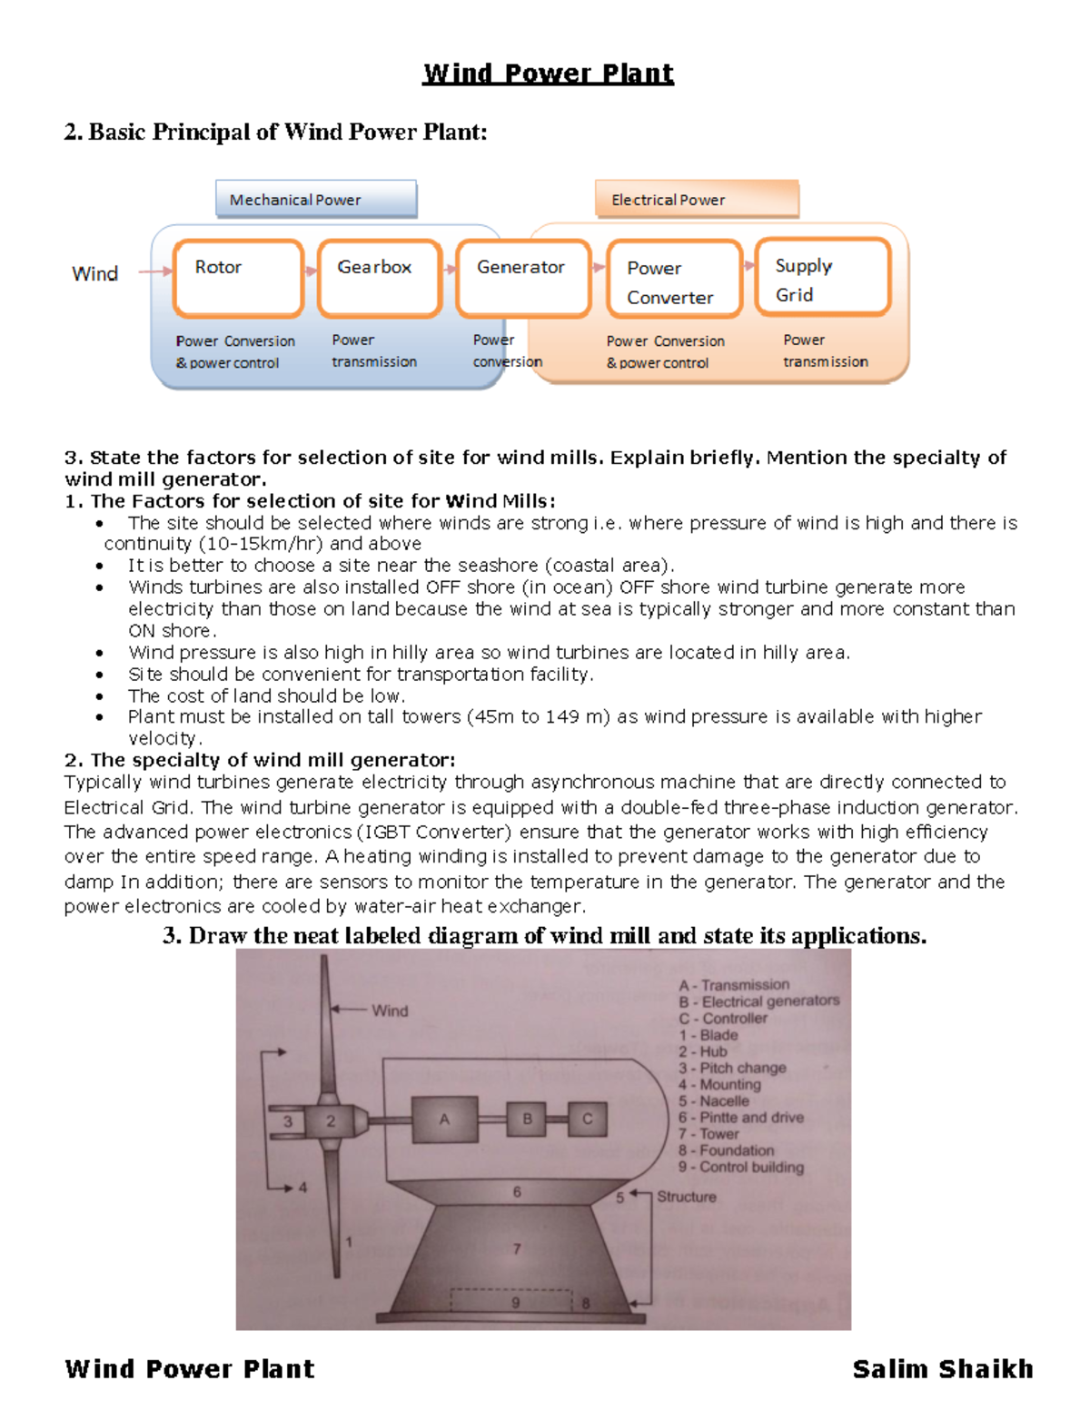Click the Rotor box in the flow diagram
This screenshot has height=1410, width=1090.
[238, 278]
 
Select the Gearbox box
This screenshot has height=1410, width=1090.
[380, 278]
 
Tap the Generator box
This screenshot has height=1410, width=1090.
[523, 278]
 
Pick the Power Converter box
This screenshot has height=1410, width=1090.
[674, 279]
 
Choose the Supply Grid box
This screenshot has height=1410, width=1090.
[822, 277]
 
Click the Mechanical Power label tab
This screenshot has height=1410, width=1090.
[316, 199]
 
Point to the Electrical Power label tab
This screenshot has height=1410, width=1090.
[697, 199]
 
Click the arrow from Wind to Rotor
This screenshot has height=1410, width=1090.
[155, 271]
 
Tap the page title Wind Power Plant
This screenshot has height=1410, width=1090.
[548, 74]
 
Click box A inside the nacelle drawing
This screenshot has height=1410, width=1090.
[444, 1119]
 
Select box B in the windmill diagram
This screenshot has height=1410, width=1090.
[527, 1119]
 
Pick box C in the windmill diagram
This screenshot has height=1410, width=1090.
[587, 1119]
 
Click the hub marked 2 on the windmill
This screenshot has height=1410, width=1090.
[331, 1121]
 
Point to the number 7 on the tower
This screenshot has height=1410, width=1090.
[517, 1248]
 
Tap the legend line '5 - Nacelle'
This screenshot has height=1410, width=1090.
[714, 1100]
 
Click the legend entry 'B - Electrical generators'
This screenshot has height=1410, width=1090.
[759, 1001]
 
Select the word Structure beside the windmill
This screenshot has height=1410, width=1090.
[687, 1197]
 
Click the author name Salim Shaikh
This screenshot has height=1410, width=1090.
[942, 1368]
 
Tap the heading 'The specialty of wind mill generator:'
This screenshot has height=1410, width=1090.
[260, 760]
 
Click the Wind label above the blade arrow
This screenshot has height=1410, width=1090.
[390, 1011]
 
